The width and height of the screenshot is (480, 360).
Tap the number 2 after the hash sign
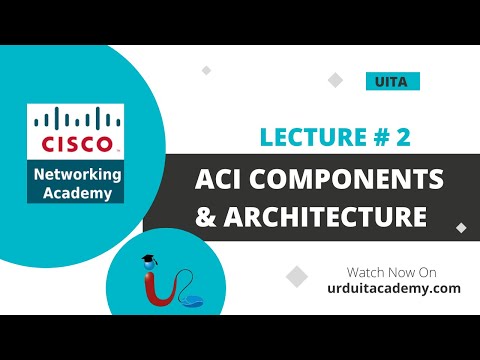click(404, 139)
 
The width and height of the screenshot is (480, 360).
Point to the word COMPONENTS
click(339, 180)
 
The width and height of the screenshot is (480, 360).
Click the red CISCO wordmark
click(76, 144)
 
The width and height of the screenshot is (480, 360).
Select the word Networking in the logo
click(77, 174)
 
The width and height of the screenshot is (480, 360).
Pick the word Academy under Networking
click(77, 193)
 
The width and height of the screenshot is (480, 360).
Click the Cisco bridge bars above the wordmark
click(76, 121)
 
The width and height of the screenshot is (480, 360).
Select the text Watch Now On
click(392, 271)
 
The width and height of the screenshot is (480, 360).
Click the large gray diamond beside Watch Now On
click(297, 276)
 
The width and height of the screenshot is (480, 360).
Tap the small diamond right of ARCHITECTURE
click(461, 227)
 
